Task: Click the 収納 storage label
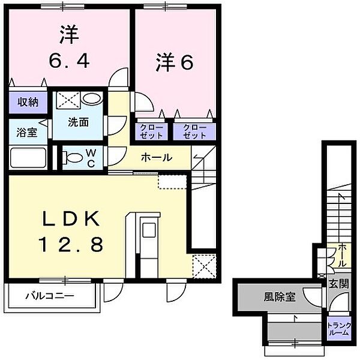[x=28, y=102]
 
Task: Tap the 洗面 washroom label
[x=78, y=122]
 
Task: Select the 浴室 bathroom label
[x=26, y=133]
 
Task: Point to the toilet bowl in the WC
[x=73, y=157]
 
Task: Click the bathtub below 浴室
[x=28, y=158]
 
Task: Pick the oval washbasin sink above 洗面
[x=92, y=98]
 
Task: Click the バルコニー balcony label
[x=50, y=295]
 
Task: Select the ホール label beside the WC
[x=157, y=157]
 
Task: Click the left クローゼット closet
[x=151, y=131]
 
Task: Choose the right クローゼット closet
[x=194, y=131]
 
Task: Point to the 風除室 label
[x=280, y=297]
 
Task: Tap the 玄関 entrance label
[x=339, y=284]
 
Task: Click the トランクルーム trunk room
[x=339, y=329]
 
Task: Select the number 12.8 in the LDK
[x=71, y=244]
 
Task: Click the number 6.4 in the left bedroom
[x=69, y=61]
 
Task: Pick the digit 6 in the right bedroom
[x=187, y=62]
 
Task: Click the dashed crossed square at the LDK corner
[x=205, y=266]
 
